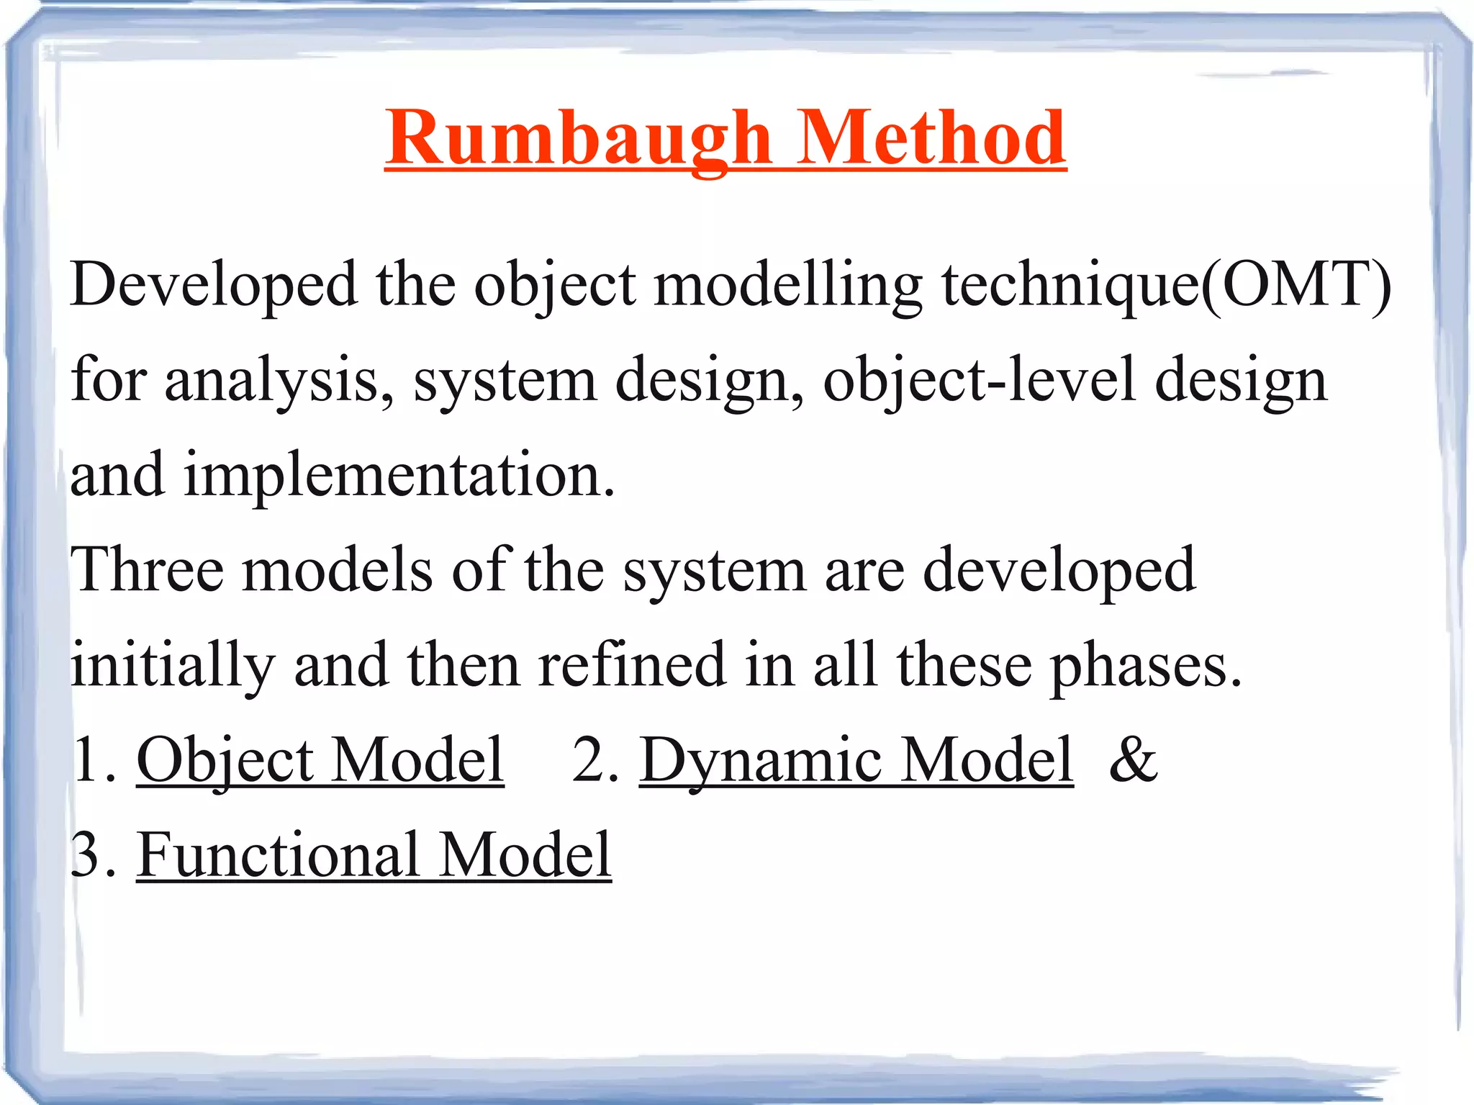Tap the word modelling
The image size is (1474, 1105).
pos(787,285)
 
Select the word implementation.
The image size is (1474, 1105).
pos(399,476)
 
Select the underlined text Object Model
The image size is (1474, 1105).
pos(320,760)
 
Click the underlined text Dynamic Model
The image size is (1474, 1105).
pos(856,760)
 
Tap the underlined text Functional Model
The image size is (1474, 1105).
pos(374,855)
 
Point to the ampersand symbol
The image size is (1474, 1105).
pos(1133,760)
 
